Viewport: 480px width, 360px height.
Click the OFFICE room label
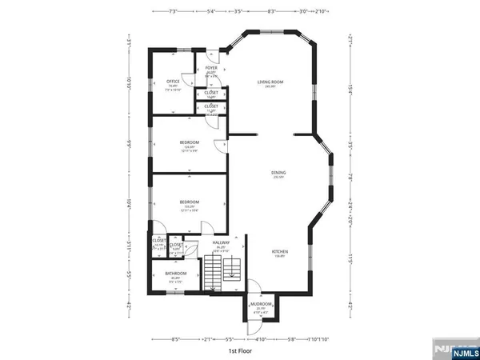coord(172,81)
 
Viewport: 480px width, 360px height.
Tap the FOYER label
coord(211,69)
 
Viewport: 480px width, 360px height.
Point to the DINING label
coord(278,173)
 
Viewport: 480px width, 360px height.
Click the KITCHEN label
coord(278,252)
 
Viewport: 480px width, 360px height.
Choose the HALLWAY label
coord(221,242)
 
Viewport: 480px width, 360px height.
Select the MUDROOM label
coord(262,305)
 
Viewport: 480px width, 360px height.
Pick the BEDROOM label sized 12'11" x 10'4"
coord(189,202)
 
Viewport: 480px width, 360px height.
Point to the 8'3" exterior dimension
coord(272,11)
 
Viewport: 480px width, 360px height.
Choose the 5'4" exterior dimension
coord(211,11)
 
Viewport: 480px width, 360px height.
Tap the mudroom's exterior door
coord(254,290)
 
